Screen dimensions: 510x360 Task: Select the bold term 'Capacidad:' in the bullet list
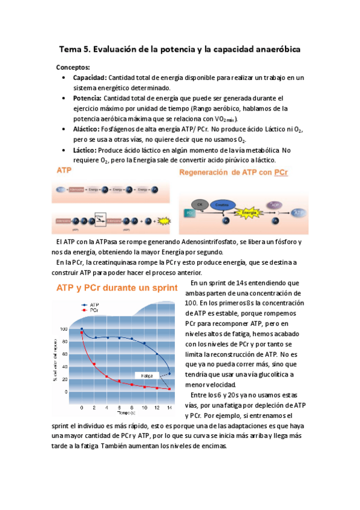pyautogui.click(x=90, y=78)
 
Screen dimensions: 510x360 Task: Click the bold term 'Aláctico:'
pyautogui.click(x=86, y=129)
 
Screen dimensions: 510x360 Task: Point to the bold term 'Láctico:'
pyautogui.click(x=85, y=150)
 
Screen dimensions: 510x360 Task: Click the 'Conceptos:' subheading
pyautogui.click(x=73, y=67)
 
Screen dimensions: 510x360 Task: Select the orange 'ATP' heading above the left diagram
pyautogui.click(x=64, y=171)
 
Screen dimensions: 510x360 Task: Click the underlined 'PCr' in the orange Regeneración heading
pyautogui.click(x=281, y=173)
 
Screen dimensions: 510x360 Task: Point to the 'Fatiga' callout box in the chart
pyautogui.click(x=146, y=375)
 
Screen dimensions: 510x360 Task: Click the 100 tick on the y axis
pyautogui.click(x=64, y=329)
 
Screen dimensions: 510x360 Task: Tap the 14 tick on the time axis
pyautogui.click(x=170, y=408)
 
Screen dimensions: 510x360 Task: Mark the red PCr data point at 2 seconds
pyautogui.click(x=94, y=364)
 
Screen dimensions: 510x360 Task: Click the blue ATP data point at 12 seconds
pyautogui.click(x=157, y=354)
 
